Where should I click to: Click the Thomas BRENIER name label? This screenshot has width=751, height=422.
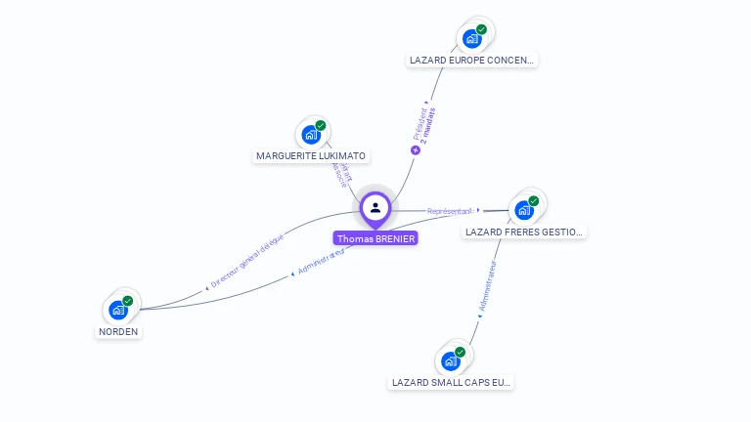(x=375, y=238)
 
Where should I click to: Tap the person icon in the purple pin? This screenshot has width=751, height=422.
(x=375, y=207)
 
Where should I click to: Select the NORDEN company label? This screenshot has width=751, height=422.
(x=118, y=331)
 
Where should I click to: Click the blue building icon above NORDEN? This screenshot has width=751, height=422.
(x=118, y=310)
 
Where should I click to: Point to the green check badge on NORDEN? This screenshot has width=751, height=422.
(x=128, y=301)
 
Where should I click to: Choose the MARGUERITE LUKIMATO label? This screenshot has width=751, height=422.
(x=311, y=155)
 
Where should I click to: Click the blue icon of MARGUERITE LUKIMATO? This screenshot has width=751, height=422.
(x=311, y=135)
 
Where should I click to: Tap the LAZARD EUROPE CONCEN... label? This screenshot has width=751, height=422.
(x=472, y=60)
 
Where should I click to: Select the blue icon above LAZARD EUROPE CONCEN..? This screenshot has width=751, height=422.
(x=472, y=39)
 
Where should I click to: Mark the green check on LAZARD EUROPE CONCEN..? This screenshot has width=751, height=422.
(x=482, y=30)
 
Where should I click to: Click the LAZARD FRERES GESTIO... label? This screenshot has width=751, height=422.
(x=525, y=232)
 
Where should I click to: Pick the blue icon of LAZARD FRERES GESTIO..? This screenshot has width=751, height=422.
(x=524, y=210)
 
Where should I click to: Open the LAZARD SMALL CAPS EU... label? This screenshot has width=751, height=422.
(x=451, y=382)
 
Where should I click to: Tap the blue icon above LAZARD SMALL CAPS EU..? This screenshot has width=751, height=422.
(x=450, y=360)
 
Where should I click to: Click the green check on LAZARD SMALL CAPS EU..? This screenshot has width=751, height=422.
(x=461, y=352)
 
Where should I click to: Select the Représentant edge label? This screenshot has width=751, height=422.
(x=449, y=210)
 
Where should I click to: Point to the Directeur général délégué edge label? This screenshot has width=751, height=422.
(x=247, y=262)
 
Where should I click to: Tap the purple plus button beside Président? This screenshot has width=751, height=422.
(x=416, y=150)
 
